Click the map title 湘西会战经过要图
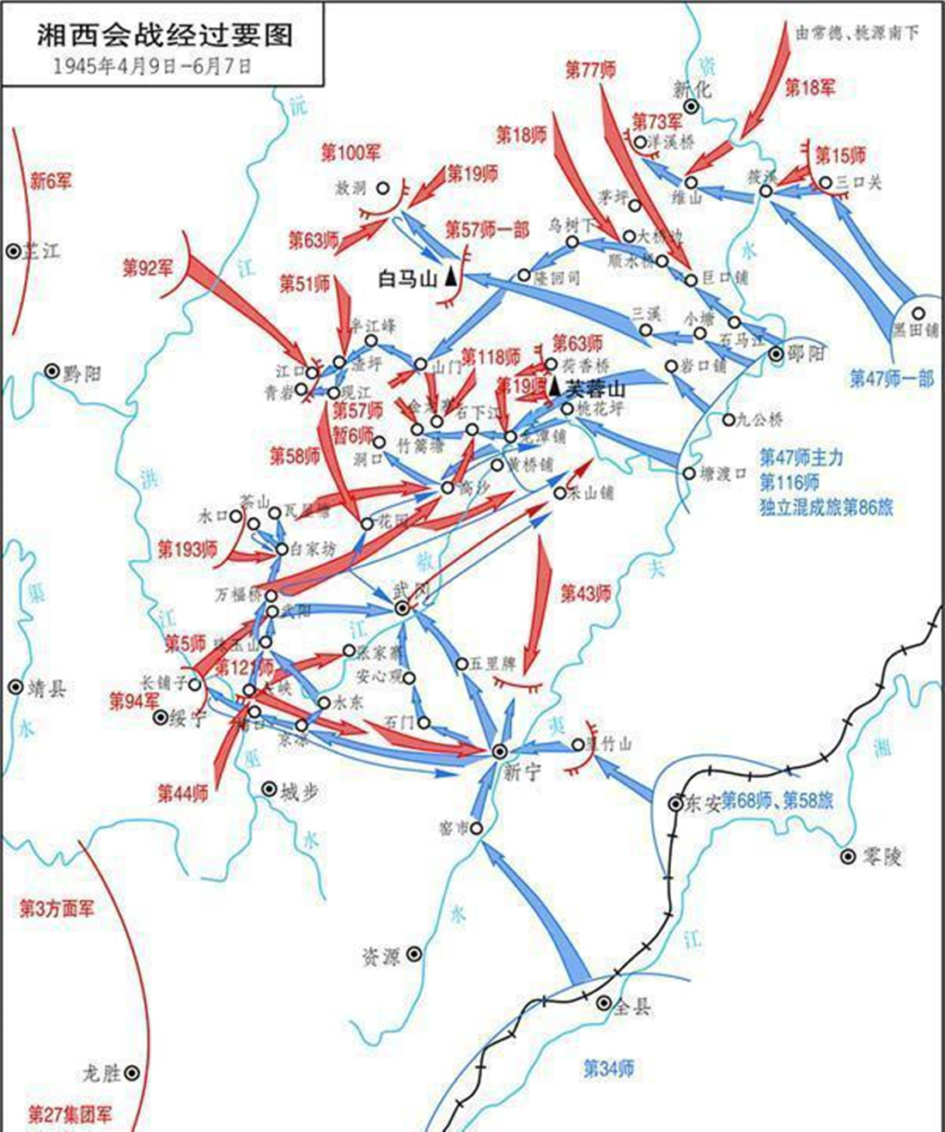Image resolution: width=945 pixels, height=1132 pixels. point(164,34)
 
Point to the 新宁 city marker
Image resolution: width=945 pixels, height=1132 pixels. point(499,751)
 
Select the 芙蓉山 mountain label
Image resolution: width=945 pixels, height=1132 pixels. point(595,389)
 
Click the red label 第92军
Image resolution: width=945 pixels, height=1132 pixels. point(147,268)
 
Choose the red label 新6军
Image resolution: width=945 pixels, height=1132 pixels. point(51,181)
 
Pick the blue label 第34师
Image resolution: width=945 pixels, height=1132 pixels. point(608,1068)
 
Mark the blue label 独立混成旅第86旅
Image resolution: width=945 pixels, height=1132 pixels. point(826,507)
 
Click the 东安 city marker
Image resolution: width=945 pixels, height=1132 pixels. point(676,803)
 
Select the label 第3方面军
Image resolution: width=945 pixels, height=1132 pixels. point(57,909)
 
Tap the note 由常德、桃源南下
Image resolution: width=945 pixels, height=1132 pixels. point(857,33)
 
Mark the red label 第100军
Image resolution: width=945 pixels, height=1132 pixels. point(351,153)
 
